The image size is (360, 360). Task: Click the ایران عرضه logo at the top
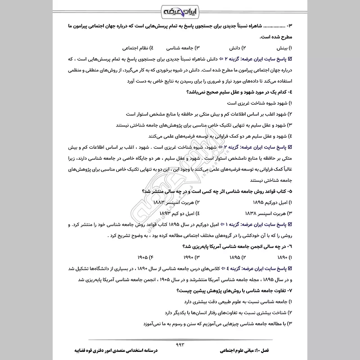click(x=180, y=9)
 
